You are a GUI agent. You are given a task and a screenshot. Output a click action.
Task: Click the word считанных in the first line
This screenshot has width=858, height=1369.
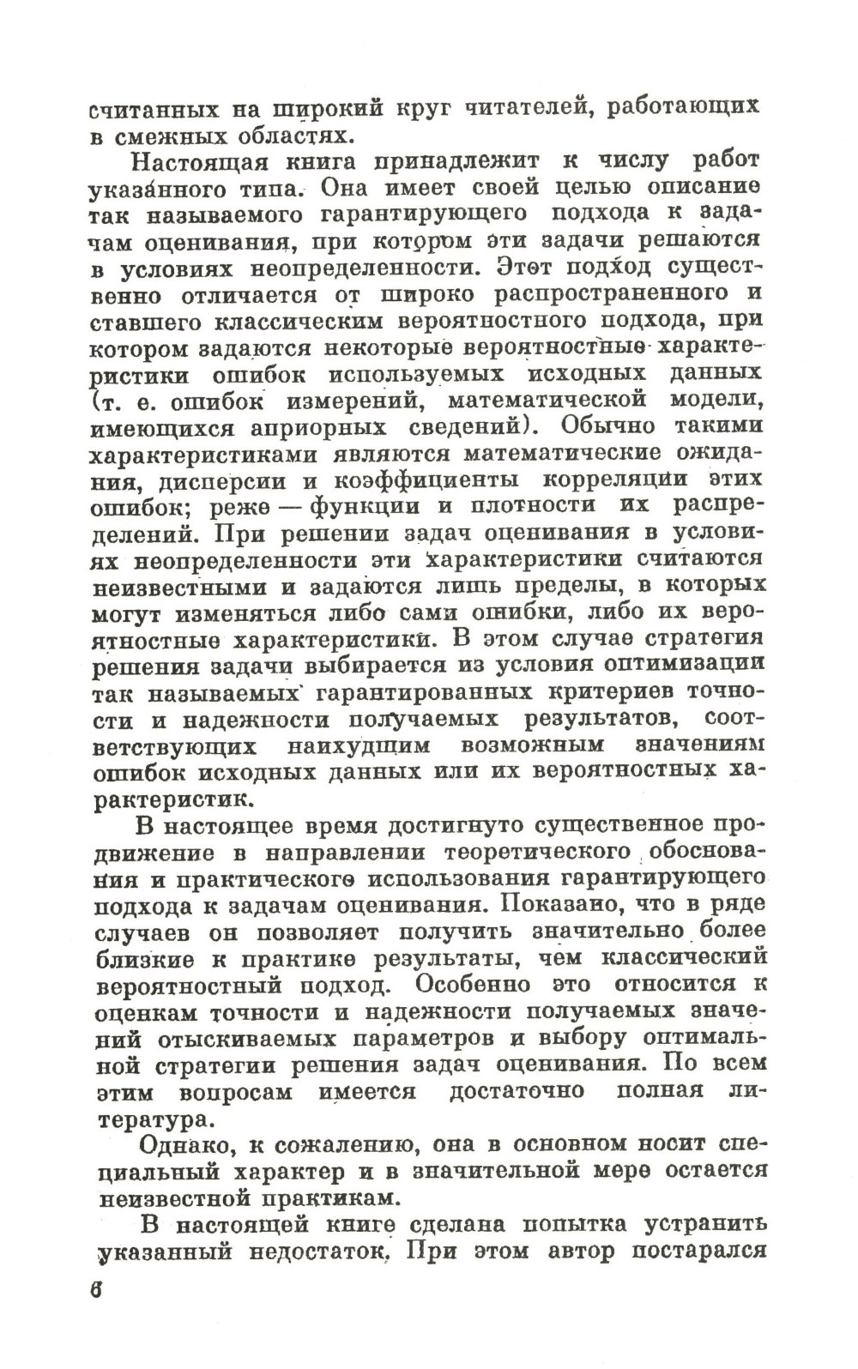[153, 110]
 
